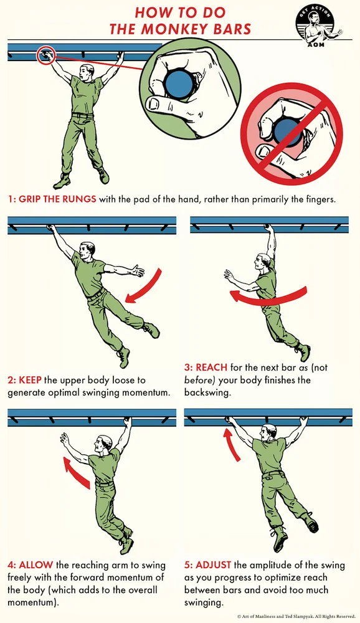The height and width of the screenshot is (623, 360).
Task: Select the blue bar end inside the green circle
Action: point(179,83)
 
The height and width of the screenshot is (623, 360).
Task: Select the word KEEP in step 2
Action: point(30,380)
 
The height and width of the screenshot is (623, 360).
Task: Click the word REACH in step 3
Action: point(211,367)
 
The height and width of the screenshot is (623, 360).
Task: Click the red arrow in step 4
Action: point(78,473)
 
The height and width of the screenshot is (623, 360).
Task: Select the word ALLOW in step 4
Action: point(36,564)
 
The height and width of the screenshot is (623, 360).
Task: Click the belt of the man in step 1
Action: point(83,116)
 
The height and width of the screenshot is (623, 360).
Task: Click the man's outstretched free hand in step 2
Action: point(138,271)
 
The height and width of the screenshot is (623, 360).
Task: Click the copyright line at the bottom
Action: point(296,616)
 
